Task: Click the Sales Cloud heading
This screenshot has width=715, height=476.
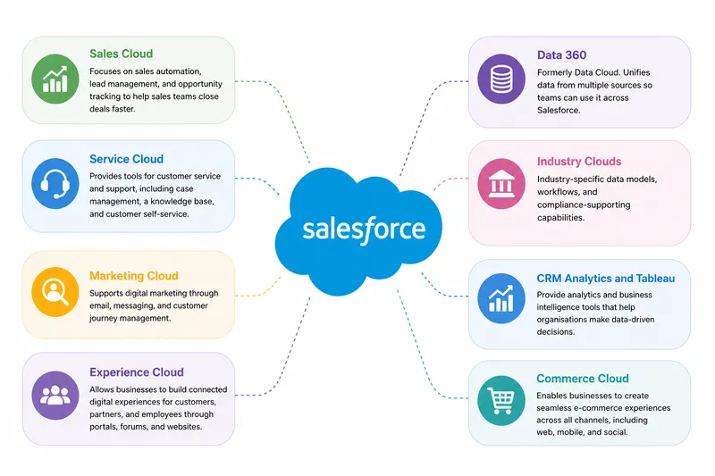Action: pos(121,54)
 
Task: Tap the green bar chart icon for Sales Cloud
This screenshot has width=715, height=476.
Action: pos(55,79)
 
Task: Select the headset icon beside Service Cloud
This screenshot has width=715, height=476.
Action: pos(55,184)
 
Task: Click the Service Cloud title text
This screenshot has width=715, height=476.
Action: pos(126,159)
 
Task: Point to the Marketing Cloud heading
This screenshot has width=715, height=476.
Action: pos(133,276)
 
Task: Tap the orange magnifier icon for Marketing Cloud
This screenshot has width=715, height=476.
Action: pos(55,292)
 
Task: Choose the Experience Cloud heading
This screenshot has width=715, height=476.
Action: pos(137,372)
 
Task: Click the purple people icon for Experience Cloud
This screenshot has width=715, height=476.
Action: pos(55,396)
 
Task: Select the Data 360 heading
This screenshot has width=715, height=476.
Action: pos(561,55)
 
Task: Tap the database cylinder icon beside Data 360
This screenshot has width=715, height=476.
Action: pos(501,79)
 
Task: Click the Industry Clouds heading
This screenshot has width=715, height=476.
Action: pos(578,162)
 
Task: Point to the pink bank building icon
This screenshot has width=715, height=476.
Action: pos(501,184)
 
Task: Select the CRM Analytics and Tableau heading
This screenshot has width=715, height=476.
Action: pos(606,279)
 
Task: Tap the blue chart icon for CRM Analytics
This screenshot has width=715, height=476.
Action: pos(501,298)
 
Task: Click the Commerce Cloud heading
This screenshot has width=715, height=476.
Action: pos(583,379)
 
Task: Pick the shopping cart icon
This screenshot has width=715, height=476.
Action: pos(501,401)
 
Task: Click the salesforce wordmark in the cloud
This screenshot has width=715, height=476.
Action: pos(364,230)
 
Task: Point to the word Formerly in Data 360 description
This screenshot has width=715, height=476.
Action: pos(555,72)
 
